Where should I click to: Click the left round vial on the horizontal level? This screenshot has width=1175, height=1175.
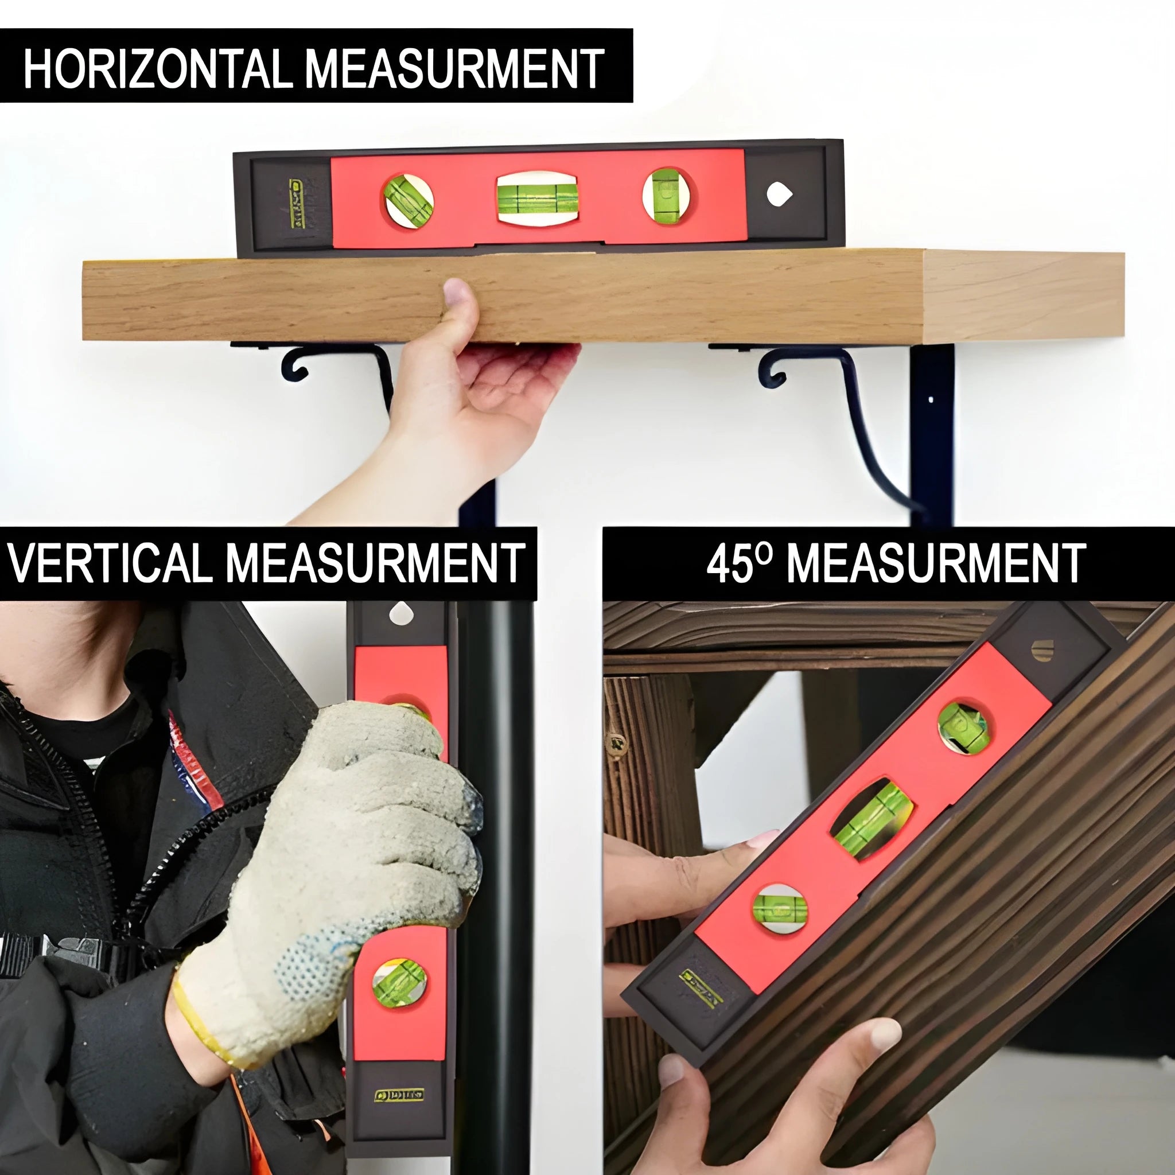click(408, 201)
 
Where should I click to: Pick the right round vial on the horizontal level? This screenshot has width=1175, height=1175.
click(666, 196)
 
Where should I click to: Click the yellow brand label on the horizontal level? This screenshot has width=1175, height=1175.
click(295, 204)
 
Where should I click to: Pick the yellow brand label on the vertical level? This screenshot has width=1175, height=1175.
click(399, 1095)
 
